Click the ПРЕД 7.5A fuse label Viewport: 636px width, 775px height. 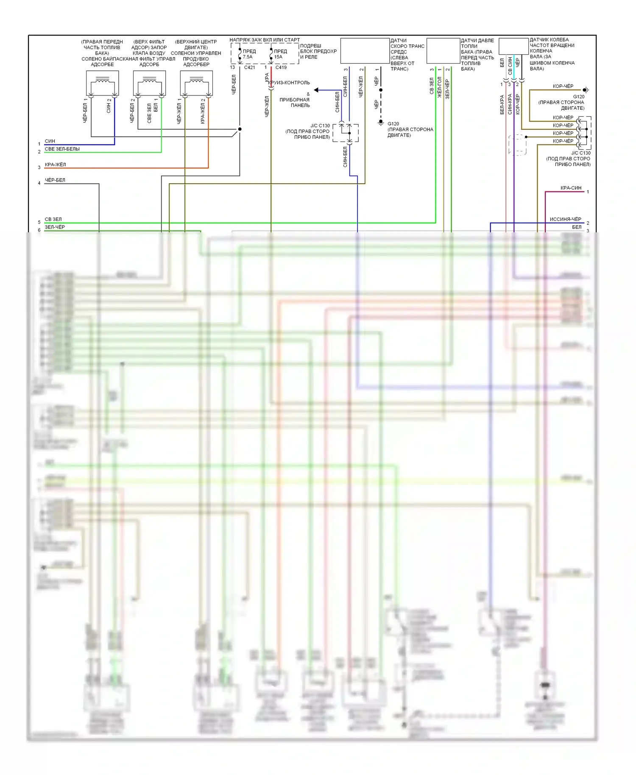[x=249, y=54]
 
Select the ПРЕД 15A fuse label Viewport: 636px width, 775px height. [x=280, y=54]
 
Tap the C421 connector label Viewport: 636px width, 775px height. [x=249, y=67]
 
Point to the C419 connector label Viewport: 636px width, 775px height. [x=281, y=67]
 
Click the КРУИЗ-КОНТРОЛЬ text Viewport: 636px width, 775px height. [x=289, y=83]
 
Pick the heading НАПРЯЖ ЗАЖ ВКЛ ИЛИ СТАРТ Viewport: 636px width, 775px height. [x=264, y=40]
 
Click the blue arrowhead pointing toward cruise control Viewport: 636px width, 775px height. [x=316, y=90]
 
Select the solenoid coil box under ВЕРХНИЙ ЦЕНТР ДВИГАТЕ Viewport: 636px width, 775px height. [x=196, y=83]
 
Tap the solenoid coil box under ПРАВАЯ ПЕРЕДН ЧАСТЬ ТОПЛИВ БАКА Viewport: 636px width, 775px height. [x=102, y=83]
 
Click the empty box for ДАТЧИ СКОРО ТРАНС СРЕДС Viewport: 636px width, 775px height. [x=365, y=51]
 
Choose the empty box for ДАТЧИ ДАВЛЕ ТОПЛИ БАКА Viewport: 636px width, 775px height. [x=443, y=51]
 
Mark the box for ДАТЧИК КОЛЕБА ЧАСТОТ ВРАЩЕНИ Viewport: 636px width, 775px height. [x=513, y=46]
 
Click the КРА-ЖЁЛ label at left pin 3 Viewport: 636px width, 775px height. [x=56, y=164]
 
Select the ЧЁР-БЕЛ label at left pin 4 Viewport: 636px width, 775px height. [x=55, y=180]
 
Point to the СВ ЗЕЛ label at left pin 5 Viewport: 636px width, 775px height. [x=53, y=219]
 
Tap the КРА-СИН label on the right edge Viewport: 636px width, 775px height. [x=571, y=188]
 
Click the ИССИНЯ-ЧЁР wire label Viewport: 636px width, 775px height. [x=565, y=219]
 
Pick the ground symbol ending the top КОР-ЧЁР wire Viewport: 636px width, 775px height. [x=586, y=90]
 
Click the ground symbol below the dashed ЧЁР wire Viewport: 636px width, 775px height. [x=381, y=123]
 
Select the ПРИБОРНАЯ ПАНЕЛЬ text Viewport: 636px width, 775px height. [x=295, y=103]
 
